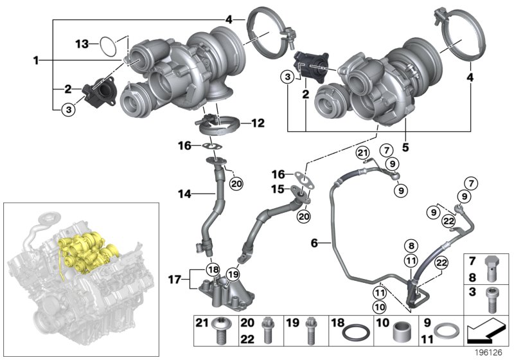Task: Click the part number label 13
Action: pyautogui.click(x=82, y=44)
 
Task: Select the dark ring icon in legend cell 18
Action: pyautogui.click(x=353, y=334)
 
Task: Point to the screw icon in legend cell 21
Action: pyautogui.click(x=220, y=332)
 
